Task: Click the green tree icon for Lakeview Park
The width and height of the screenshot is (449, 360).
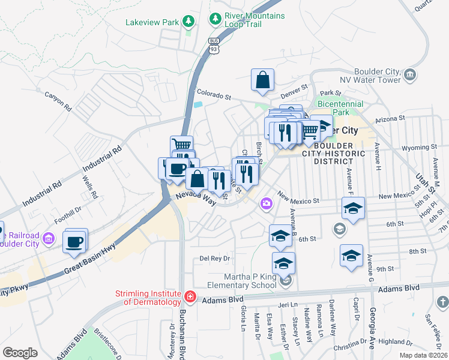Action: pos(189,22)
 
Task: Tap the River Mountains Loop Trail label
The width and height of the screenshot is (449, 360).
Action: pos(254,20)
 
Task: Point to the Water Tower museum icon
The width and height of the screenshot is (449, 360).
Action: pos(411,74)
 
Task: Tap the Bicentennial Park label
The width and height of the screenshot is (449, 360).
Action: pos(340,108)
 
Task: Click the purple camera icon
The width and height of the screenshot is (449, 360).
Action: pos(266,205)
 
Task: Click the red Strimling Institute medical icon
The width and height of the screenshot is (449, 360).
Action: pos(190,296)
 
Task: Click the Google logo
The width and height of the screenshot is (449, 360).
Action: pos(20,352)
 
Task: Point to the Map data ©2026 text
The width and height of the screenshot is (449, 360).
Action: pos(422,355)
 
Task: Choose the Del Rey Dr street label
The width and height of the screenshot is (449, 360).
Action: pos(215,259)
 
